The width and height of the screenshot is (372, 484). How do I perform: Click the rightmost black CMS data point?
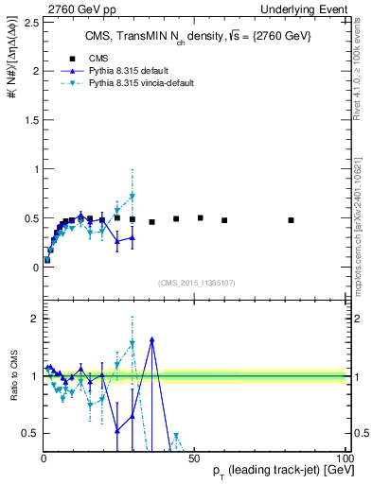click(x=291, y=220)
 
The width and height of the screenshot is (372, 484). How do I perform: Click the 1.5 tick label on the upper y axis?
click(x=29, y=120)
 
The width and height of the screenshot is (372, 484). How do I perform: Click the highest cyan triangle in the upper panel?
click(x=133, y=197)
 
